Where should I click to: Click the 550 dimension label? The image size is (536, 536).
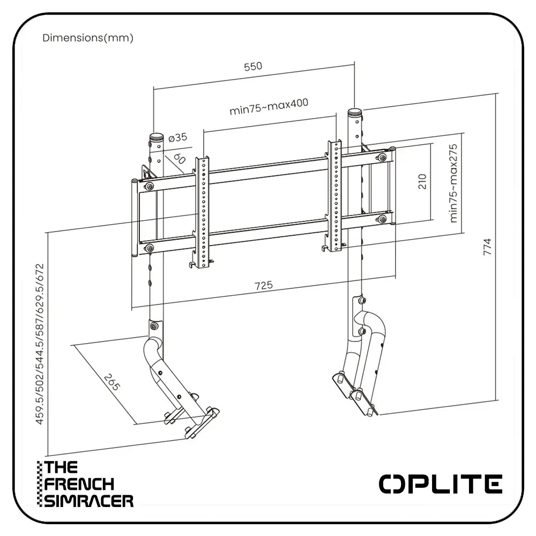pos(253,66)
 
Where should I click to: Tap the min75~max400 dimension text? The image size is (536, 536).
pos(269,106)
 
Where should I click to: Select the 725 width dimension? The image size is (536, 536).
pos(264,285)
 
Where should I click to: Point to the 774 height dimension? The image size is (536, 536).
pos(487,247)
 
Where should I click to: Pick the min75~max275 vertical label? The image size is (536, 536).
pos(455,183)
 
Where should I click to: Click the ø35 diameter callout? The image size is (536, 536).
pos(177,138)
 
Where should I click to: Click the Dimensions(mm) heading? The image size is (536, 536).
pos(88,38)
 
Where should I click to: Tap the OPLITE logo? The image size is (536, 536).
pos(441,483)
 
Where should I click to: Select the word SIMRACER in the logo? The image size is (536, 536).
pos(89,501)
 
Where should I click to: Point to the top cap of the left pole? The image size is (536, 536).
pos(157,138)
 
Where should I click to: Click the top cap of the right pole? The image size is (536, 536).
pos(354,114)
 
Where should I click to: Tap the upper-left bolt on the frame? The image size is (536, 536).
pos(149,186)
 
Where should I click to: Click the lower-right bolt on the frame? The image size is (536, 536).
pos(382,219)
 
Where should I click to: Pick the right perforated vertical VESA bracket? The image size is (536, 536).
pos(334,196)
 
